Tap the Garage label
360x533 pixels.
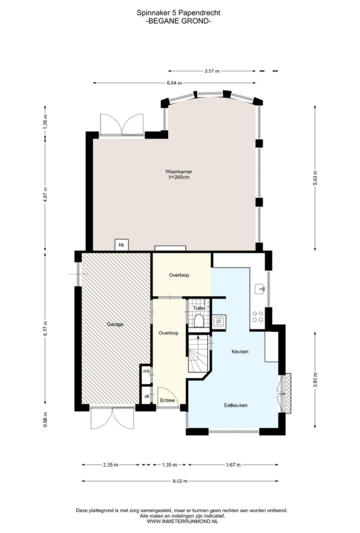pyautogui.click(x=115, y=324)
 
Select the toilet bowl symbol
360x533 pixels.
pyautogui.click(x=198, y=320)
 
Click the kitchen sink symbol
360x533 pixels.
pyautogui.click(x=260, y=289)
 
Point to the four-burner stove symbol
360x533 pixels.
pyautogui.click(x=257, y=316)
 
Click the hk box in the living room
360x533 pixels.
pyautogui.click(x=121, y=245)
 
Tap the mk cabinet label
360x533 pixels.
pyautogui.click(x=146, y=371)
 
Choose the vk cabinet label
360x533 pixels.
pyautogui.click(x=146, y=396)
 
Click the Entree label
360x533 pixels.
pyautogui.click(x=167, y=400)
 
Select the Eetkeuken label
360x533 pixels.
pyautogui.click(x=235, y=405)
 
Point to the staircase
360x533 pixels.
pyautogui.click(x=198, y=353)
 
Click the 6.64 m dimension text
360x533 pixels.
pyautogui.click(x=174, y=83)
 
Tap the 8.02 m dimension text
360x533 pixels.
pyautogui.click(x=180, y=481)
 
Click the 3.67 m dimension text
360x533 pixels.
pyautogui.click(x=233, y=465)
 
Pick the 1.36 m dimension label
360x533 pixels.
pyautogui.click(x=45, y=121)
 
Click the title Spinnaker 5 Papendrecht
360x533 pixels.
pyautogui.click(x=178, y=13)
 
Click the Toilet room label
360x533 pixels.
pyautogui.click(x=199, y=308)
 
